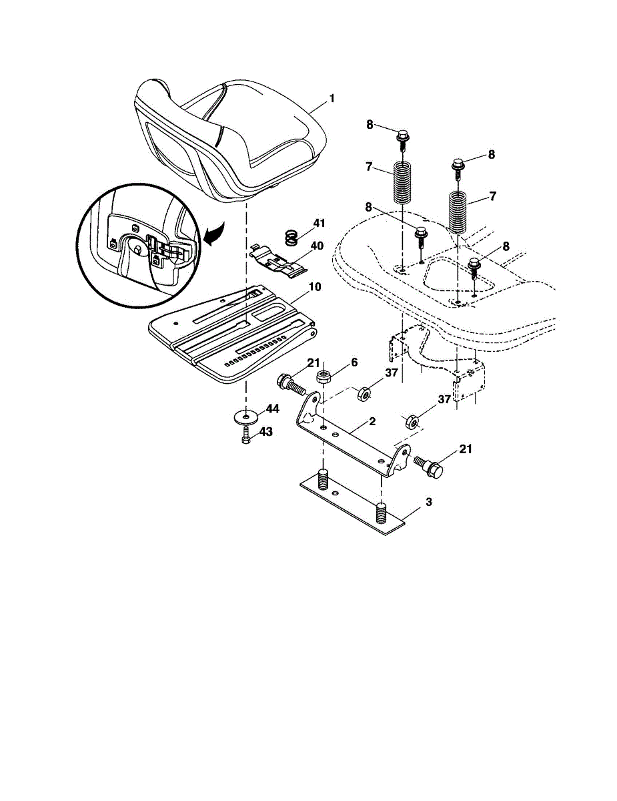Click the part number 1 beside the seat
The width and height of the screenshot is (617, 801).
332,98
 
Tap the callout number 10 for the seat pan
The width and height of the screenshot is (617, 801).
315,287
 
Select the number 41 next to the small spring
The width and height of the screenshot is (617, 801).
319,224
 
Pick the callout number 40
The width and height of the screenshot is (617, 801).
317,246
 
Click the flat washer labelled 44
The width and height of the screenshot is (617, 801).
245,417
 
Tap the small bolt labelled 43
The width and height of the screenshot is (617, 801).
245,435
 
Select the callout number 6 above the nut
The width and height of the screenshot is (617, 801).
354,362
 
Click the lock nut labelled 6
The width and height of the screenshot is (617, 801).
324,377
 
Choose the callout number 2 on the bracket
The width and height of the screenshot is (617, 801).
372,421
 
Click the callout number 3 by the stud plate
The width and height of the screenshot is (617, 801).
428,502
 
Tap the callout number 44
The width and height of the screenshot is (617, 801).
273,409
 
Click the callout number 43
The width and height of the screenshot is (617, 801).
266,432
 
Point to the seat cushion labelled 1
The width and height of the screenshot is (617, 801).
230,140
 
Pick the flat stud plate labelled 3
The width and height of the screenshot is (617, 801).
352,506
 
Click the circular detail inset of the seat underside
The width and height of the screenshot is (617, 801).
138,245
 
